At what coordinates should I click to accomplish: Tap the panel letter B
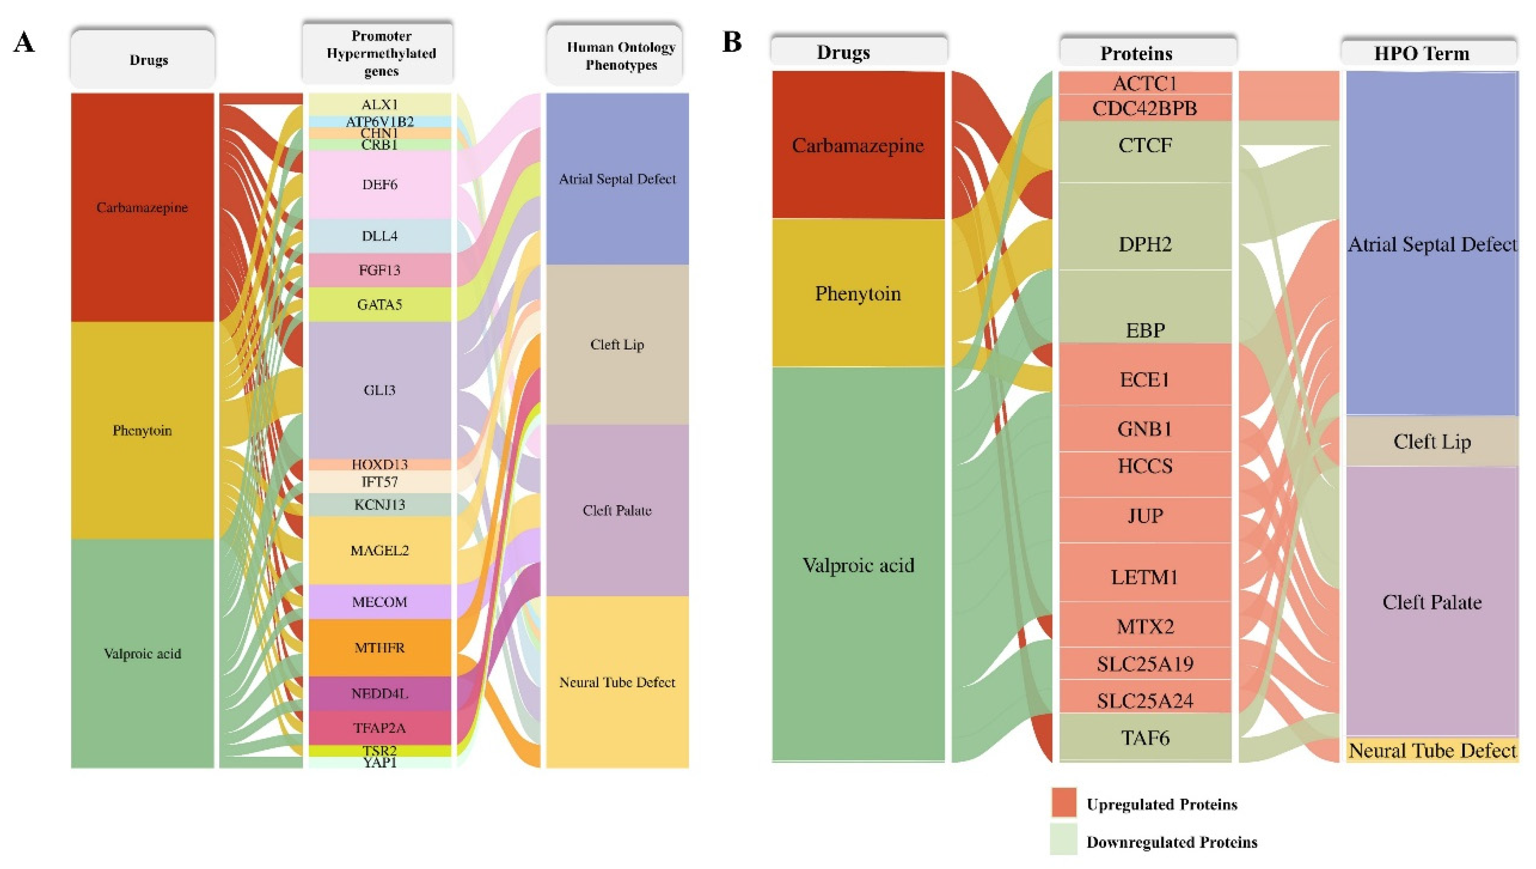coord(732,42)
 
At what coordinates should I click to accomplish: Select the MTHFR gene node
coord(380,648)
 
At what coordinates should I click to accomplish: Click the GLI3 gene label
coord(380,390)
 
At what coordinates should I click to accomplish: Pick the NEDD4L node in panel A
coord(380,694)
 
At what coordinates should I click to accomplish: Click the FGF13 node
coord(380,271)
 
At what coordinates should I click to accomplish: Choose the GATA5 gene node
coord(380,304)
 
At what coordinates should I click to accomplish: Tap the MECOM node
coord(380,602)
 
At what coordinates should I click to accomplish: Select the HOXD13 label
coord(380,464)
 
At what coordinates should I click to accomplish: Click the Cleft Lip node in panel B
coord(1432,442)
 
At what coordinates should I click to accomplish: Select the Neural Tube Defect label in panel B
coord(1432,750)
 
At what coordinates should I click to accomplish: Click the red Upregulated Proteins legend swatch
coord(1064,802)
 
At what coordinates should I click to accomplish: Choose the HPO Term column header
coord(1422,53)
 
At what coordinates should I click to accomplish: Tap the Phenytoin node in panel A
coord(142,430)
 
